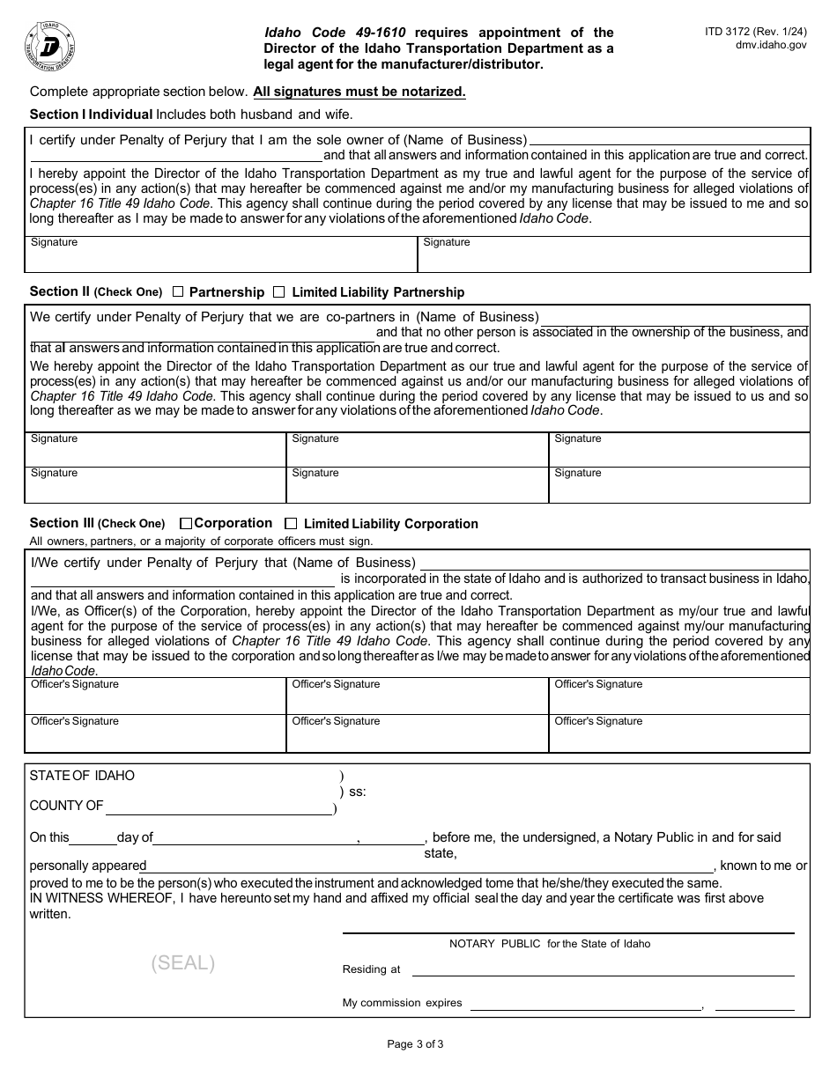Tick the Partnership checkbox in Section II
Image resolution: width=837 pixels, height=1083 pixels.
(x=178, y=291)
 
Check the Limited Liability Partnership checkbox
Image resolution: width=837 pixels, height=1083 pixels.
(x=279, y=291)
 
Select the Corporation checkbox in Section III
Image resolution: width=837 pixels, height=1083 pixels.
(x=185, y=523)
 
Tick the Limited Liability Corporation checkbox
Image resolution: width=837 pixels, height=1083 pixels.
(x=291, y=523)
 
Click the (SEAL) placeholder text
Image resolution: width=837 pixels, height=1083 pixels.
(x=182, y=962)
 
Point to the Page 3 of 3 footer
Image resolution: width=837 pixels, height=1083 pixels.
(x=415, y=1044)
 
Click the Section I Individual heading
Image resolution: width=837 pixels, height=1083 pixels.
(x=92, y=114)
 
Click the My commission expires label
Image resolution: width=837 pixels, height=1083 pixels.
(x=402, y=1003)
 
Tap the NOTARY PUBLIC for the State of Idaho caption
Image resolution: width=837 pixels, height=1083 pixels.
(x=550, y=944)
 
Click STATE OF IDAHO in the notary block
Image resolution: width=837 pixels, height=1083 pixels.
(x=82, y=776)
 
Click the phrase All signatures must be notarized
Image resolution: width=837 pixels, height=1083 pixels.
(x=359, y=92)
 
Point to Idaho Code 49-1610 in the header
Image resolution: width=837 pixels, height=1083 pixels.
(x=335, y=33)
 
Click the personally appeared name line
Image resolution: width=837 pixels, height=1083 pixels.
(x=429, y=869)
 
